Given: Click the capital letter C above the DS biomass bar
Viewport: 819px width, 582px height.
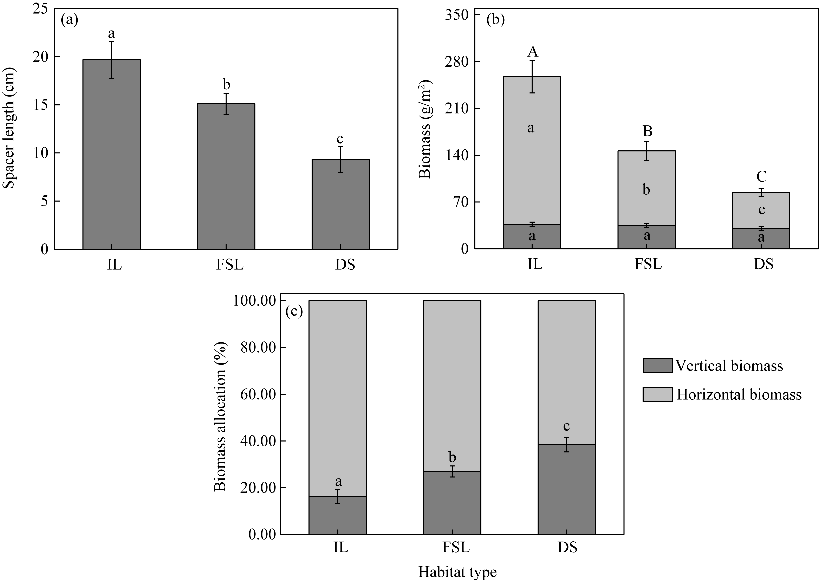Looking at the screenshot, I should point(761,177).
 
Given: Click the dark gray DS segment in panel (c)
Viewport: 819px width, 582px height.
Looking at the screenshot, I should point(566,495).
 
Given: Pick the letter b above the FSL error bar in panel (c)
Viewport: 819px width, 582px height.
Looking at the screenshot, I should point(452,457).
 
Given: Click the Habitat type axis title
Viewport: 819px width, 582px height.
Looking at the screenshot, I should point(457,572).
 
